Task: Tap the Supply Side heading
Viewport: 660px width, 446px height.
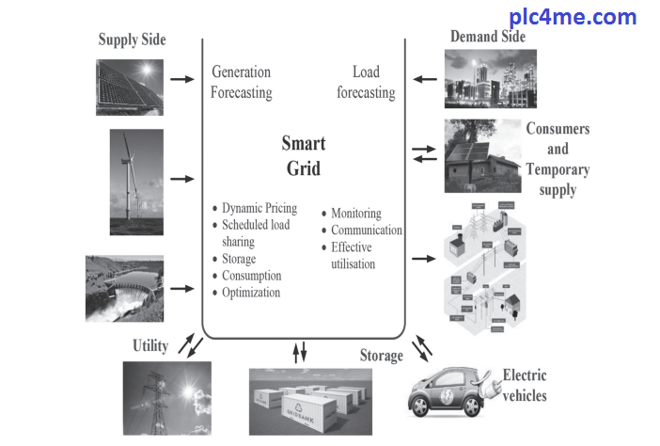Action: pos(132,40)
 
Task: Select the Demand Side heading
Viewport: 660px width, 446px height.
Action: pos(488,38)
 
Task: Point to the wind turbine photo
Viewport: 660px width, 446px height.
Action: pos(135,181)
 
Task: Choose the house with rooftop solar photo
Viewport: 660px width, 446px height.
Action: pos(482,155)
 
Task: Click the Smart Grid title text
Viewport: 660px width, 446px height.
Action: pos(303,156)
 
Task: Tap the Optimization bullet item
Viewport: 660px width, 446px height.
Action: pos(251,292)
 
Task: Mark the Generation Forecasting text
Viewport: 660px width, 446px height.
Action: pos(241,83)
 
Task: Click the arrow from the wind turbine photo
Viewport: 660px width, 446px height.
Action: pos(182,178)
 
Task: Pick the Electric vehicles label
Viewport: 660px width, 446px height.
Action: pos(526,385)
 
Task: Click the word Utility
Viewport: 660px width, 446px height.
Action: pos(150,346)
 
